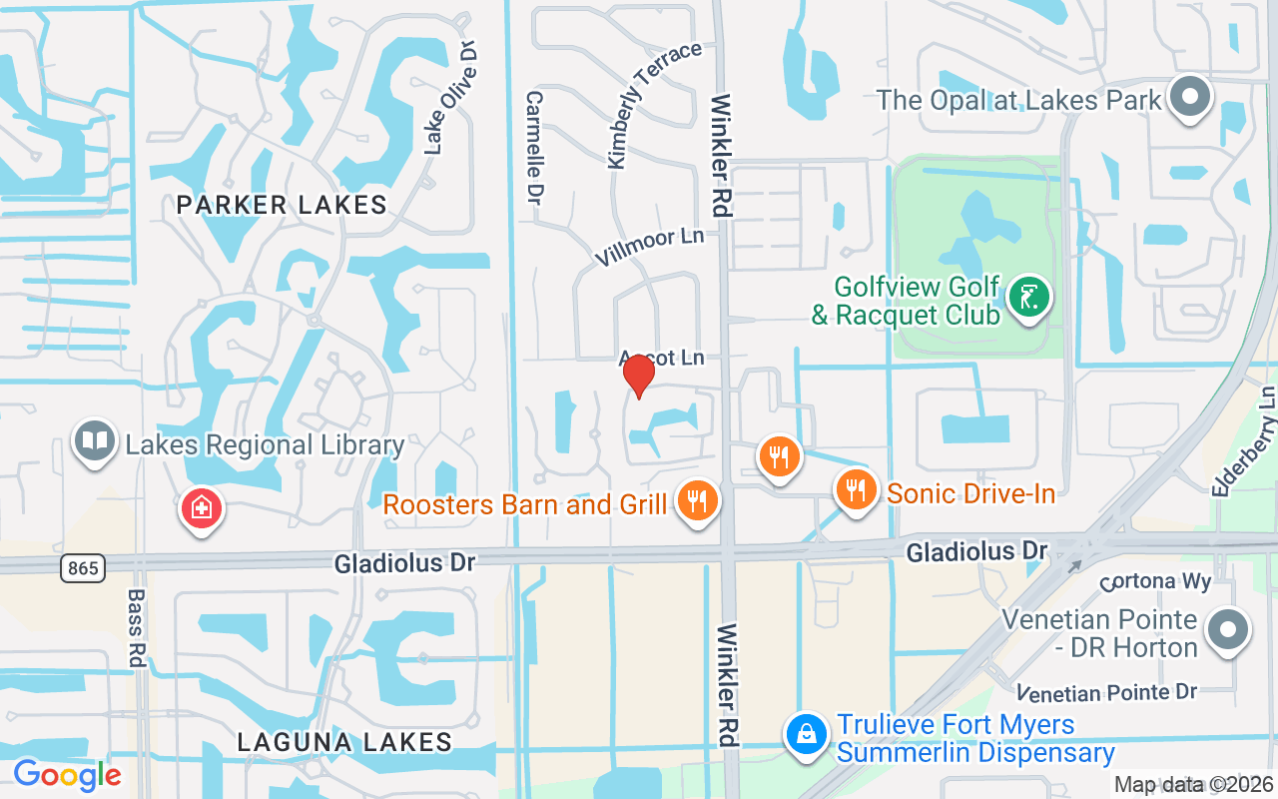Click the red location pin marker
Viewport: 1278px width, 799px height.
(x=638, y=377)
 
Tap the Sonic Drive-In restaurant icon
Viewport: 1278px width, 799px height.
(x=856, y=490)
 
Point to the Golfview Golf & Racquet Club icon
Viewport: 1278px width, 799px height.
(x=1028, y=298)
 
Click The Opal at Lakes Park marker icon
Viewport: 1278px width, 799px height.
(x=1189, y=98)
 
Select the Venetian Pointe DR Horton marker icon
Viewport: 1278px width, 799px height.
(x=1227, y=631)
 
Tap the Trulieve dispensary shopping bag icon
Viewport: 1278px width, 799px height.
(x=806, y=736)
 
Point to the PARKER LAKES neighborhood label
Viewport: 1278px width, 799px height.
(x=282, y=206)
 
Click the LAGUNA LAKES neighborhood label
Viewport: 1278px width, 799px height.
(x=344, y=742)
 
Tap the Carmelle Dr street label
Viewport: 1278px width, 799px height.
(x=534, y=149)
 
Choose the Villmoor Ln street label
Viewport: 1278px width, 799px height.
(x=650, y=246)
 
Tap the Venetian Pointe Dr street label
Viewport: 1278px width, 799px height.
(x=1105, y=692)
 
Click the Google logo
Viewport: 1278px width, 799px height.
(x=67, y=775)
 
